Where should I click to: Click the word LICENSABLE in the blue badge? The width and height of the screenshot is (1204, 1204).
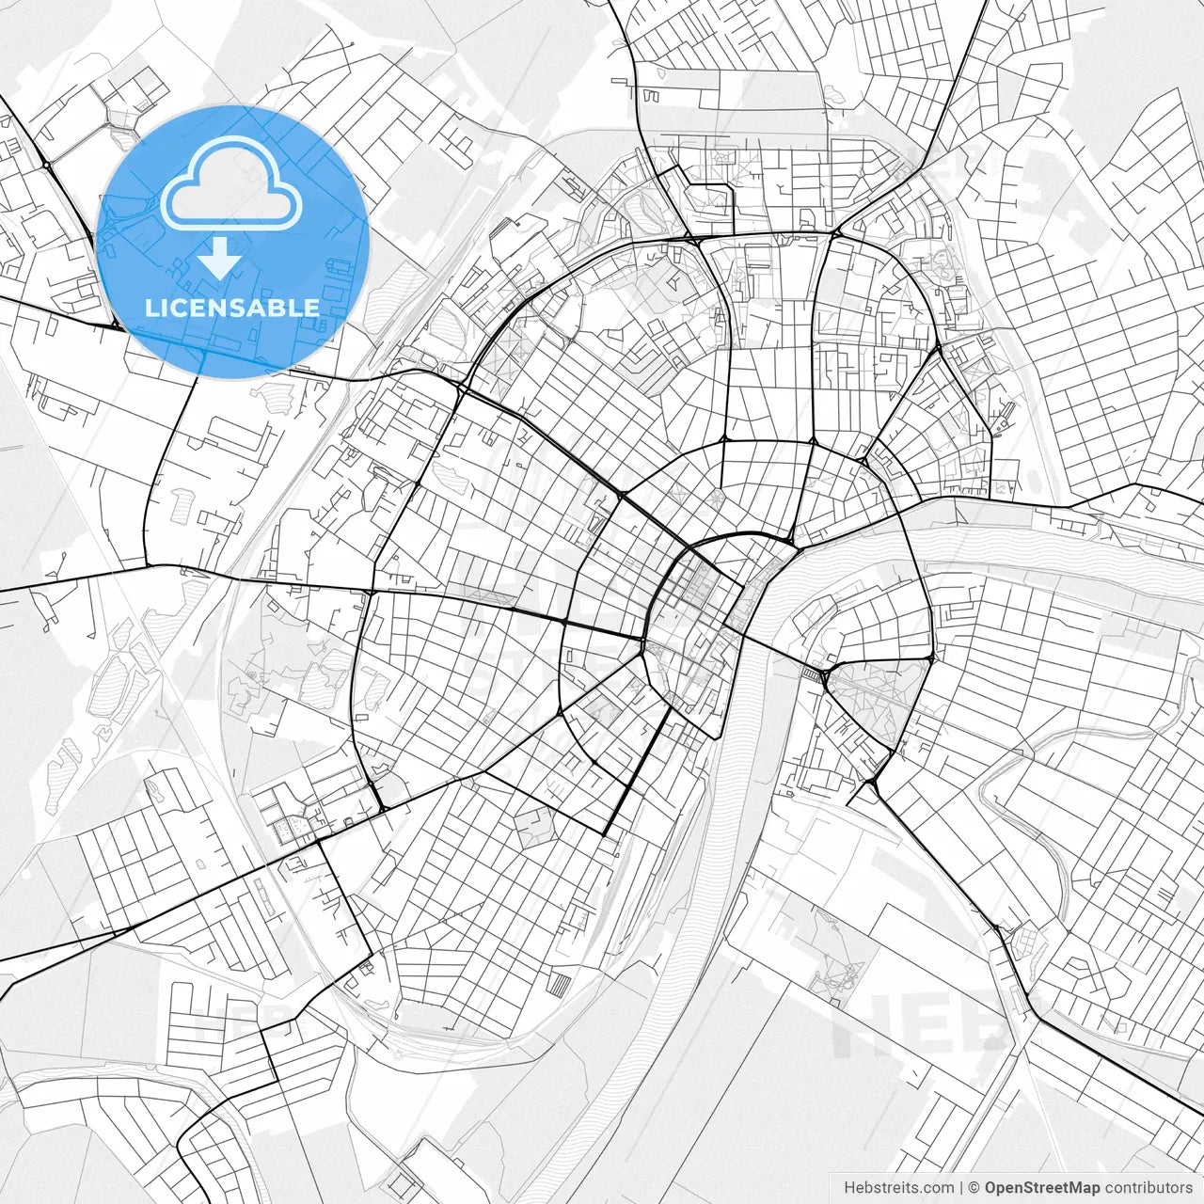(232, 308)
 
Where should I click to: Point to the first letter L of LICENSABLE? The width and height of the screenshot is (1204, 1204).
(150, 308)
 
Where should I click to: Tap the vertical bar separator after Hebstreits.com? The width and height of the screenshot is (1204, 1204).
(960, 1188)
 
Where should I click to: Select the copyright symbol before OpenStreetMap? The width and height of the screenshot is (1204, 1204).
(974, 1188)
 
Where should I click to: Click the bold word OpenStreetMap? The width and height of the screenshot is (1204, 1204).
(1042, 1188)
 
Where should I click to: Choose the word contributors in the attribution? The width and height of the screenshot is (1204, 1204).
(1149, 1188)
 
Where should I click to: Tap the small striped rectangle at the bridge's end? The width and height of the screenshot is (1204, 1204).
(809, 673)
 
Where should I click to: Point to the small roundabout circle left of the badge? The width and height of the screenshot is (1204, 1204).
(45, 166)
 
